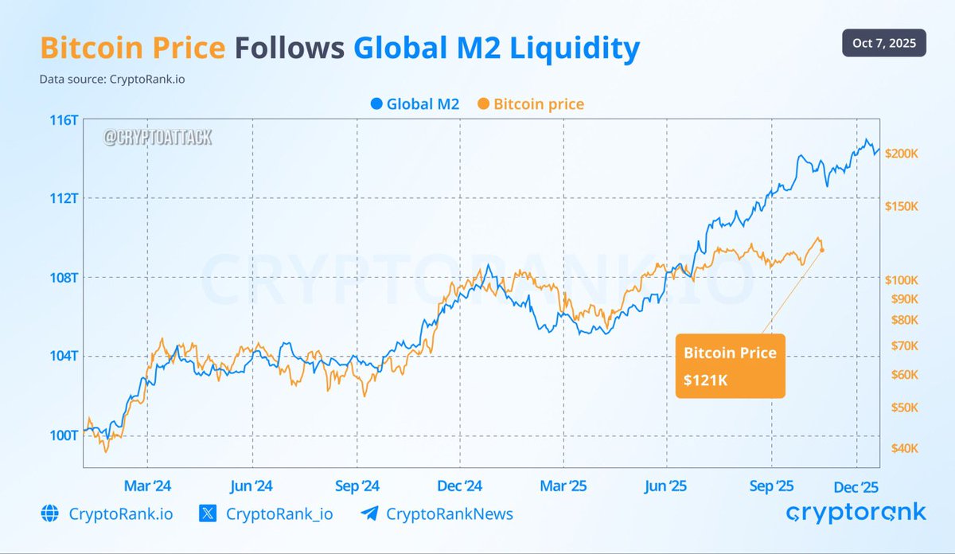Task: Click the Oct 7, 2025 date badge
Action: (x=883, y=43)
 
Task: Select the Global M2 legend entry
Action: (x=415, y=104)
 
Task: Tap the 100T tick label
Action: (x=63, y=435)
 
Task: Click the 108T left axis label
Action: (x=63, y=278)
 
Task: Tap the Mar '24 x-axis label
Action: (x=147, y=486)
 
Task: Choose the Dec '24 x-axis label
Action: (x=460, y=486)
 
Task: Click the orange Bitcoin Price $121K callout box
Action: (x=730, y=366)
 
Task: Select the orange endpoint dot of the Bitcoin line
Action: (x=822, y=251)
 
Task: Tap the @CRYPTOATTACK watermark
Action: (x=157, y=138)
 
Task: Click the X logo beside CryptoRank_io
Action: (x=209, y=513)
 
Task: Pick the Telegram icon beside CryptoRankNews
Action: (x=369, y=513)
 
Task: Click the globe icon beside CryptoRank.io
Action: (x=49, y=513)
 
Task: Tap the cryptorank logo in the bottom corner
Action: (x=856, y=513)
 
